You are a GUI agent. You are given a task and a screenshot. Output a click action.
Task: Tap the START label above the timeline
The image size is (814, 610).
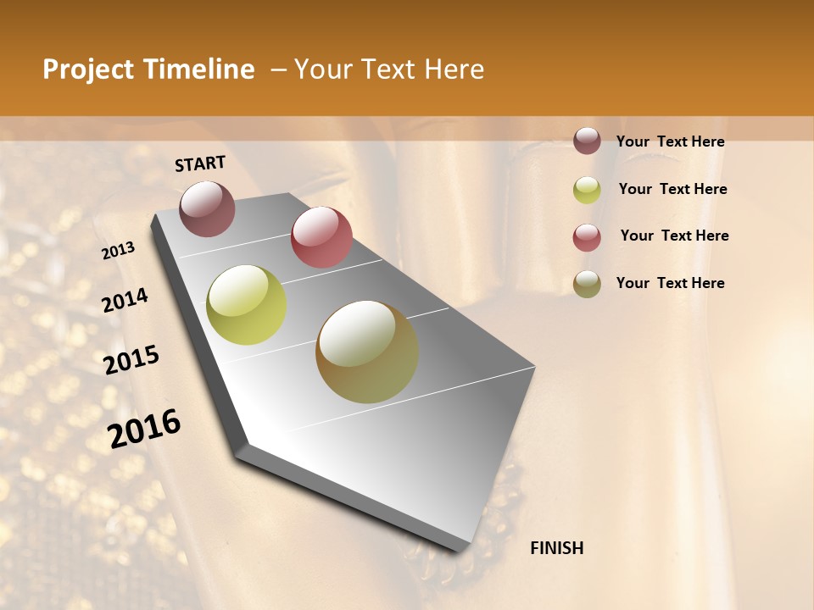(200, 164)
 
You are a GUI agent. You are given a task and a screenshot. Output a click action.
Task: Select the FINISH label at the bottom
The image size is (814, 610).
(556, 548)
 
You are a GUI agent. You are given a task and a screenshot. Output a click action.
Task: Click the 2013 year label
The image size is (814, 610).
(119, 250)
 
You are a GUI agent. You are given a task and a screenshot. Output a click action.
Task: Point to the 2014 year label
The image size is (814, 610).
(125, 300)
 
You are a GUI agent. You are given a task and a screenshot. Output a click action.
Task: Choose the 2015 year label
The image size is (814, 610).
(131, 360)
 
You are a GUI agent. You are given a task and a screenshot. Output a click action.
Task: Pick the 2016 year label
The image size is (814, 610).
(144, 428)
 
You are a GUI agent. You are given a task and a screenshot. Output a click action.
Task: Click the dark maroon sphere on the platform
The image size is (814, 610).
(207, 208)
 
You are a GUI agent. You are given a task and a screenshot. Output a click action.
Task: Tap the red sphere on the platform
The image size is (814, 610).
(321, 237)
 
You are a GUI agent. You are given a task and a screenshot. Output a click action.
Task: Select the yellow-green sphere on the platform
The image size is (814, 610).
(246, 305)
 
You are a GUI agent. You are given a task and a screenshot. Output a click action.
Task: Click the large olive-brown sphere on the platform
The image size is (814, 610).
(367, 352)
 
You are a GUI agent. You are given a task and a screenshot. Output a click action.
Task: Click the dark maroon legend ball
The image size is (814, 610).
(587, 141)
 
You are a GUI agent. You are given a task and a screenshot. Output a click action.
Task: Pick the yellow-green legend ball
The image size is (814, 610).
(587, 190)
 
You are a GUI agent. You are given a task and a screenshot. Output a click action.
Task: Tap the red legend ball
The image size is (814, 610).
(587, 237)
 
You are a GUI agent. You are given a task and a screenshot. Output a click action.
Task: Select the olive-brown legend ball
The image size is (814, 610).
(587, 284)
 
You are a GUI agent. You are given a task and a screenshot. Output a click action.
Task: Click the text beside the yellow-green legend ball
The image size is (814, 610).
(672, 189)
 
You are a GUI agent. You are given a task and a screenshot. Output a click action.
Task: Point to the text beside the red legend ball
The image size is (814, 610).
(674, 236)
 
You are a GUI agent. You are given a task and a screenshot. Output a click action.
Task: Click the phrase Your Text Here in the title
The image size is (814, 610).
(389, 69)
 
